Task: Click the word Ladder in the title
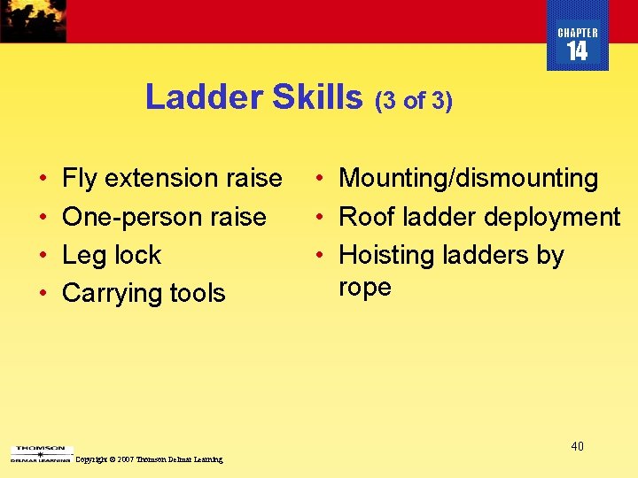click(204, 97)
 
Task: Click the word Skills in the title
click(317, 97)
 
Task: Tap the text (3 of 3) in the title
click(414, 101)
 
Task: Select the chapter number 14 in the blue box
click(577, 52)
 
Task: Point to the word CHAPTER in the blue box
click(578, 33)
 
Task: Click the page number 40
click(577, 446)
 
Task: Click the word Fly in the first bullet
click(79, 179)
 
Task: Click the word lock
click(137, 255)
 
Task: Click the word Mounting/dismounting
click(469, 179)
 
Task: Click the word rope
click(365, 288)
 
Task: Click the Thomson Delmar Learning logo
click(39, 454)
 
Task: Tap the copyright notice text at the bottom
click(150, 459)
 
